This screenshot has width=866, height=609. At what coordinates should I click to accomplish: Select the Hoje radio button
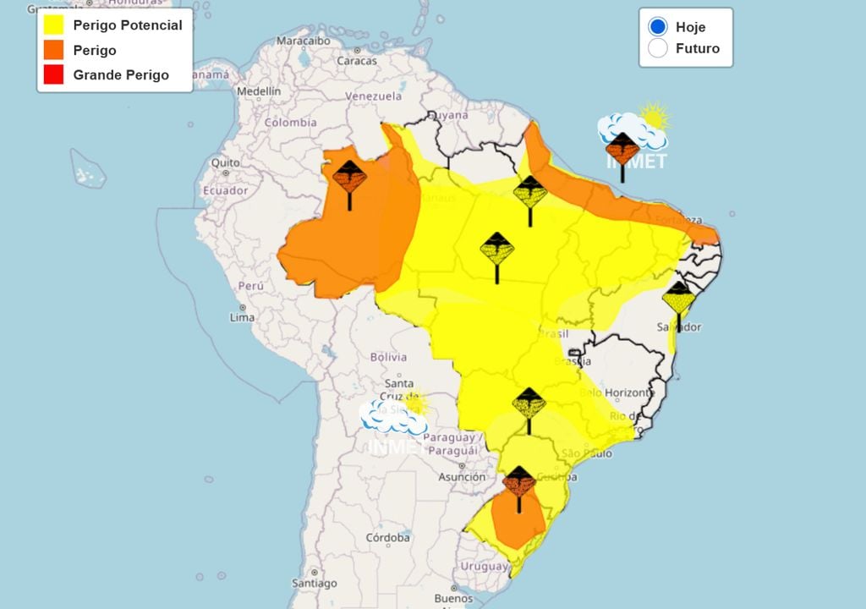point(658,27)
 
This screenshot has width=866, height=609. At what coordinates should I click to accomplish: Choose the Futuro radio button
point(658,48)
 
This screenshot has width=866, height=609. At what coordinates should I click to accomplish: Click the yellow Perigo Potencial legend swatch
point(53,25)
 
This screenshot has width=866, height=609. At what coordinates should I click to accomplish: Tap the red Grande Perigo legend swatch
point(53,74)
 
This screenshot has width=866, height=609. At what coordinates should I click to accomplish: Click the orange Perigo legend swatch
point(53,50)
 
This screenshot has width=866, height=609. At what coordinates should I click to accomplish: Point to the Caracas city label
point(357,61)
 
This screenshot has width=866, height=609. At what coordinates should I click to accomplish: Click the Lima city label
point(242,317)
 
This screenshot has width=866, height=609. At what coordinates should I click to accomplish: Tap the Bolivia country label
point(388,357)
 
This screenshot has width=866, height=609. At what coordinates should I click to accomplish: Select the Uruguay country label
point(484,566)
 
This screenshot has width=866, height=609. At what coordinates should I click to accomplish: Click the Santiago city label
point(314,583)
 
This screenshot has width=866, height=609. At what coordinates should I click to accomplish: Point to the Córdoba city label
point(388,537)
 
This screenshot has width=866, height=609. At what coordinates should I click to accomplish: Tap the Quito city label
point(225,162)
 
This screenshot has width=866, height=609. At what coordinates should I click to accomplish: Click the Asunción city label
point(462,477)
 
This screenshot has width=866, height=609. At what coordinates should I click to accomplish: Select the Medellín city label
point(259,91)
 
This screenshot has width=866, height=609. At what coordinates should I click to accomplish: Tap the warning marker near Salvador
point(678,301)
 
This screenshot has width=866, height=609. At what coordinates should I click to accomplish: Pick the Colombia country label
point(290,123)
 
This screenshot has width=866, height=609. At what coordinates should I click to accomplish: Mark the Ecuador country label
point(225,190)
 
